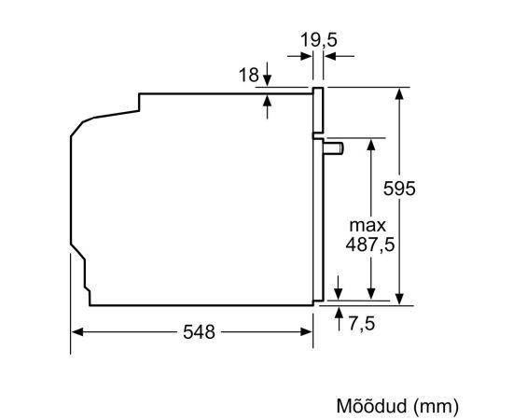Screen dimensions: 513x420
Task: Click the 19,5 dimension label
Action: [318, 40]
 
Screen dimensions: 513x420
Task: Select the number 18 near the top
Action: [249, 75]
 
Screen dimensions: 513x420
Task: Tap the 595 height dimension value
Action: [399, 189]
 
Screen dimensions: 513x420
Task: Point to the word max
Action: [367, 226]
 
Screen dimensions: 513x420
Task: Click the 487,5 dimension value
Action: [370, 245]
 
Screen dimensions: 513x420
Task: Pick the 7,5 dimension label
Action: [361, 324]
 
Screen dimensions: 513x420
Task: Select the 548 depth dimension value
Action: [199, 332]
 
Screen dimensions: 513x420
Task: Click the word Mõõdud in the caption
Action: [371, 406]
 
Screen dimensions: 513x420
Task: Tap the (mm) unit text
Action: [436, 406]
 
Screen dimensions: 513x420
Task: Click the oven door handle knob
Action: [333, 148]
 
